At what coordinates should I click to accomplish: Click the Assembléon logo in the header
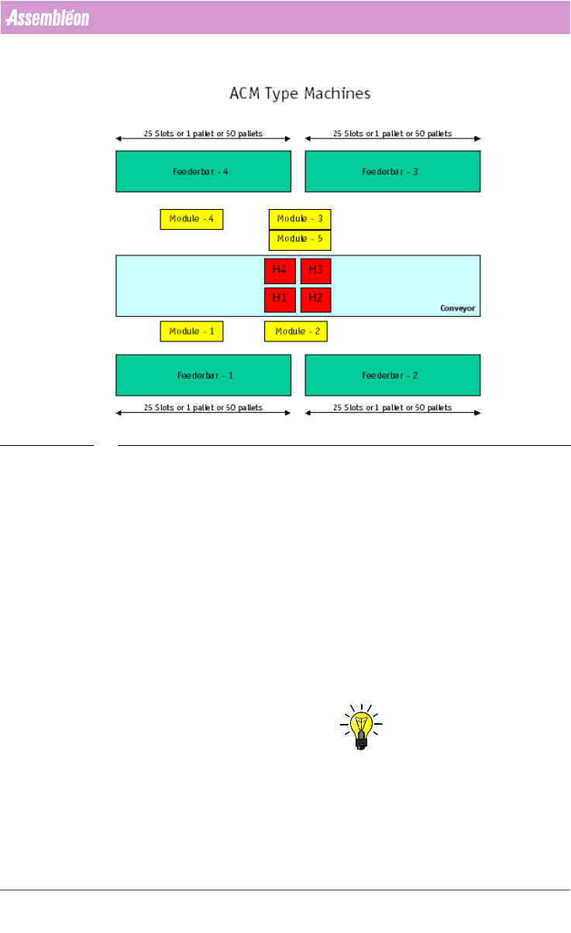[x=48, y=18]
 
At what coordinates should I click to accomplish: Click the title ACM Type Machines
[x=300, y=94]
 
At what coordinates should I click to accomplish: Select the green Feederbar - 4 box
[x=203, y=171]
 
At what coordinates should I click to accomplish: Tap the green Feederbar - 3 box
[x=392, y=171]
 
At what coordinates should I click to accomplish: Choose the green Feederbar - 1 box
[x=203, y=376]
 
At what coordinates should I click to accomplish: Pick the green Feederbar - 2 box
[x=392, y=376]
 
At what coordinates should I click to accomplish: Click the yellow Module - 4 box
[x=191, y=219]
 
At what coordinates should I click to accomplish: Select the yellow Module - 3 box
[x=300, y=219]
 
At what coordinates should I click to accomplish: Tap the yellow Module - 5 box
[x=300, y=239]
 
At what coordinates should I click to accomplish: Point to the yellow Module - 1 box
[x=191, y=331]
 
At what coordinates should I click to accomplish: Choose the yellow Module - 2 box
[x=295, y=331]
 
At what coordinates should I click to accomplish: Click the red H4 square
[x=280, y=270]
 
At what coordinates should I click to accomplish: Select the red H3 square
[x=315, y=270]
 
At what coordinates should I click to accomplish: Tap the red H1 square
[x=280, y=299]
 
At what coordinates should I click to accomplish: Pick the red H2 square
[x=315, y=299]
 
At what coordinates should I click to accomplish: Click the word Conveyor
[x=457, y=308]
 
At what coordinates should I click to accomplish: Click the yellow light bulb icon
[x=359, y=726]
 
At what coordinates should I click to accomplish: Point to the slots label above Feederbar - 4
[x=203, y=134]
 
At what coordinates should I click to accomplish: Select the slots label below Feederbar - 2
[x=392, y=407]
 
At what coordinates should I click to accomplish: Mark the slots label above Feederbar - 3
[x=392, y=134]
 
